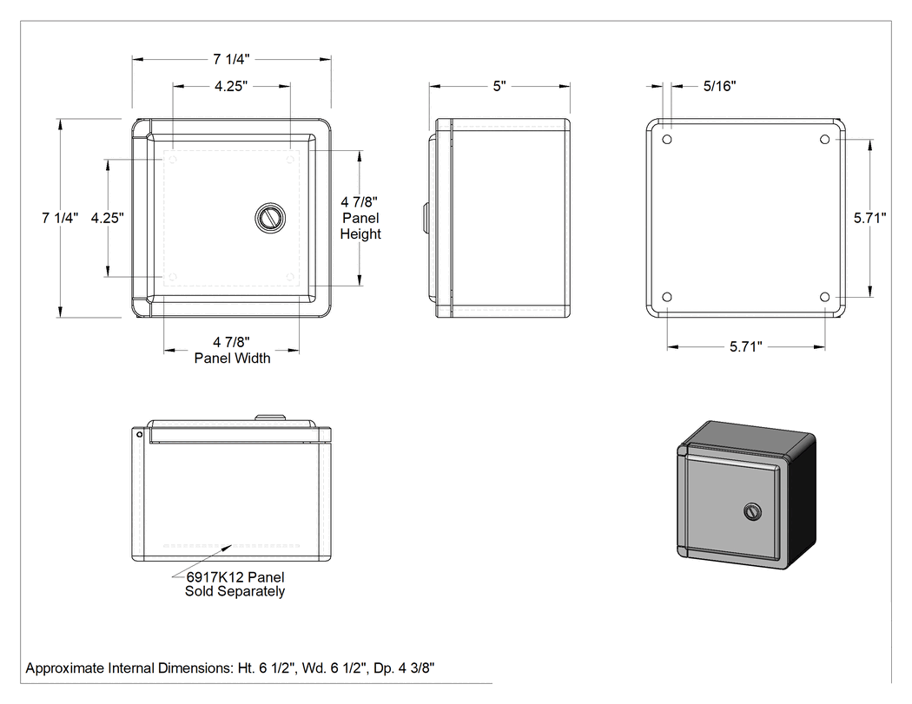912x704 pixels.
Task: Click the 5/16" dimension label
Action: tap(719, 86)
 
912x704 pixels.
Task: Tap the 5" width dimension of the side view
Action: tap(499, 86)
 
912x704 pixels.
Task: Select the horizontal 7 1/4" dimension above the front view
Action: tap(231, 59)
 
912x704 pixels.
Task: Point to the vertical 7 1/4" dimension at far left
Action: tap(60, 218)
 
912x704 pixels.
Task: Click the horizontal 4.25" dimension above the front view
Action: tap(231, 86)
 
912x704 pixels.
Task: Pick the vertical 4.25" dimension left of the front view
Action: tap(108, 218)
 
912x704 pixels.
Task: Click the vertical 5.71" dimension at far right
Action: tap(869, 218)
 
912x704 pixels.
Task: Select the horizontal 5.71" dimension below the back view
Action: tap(745, 347)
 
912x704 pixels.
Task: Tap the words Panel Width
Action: tap(232, 359)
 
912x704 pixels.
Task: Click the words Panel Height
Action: tap(360, 227)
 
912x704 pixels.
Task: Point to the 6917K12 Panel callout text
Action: tap(235, 577)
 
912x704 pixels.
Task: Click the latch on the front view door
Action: tap(270, 218)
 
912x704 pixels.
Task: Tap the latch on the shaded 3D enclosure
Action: tap(753, 511)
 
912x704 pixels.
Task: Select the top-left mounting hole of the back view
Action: tap(667, 140)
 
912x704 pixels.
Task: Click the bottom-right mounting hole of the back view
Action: tap(824, 297)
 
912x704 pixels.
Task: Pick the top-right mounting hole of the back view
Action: tap(824, 140)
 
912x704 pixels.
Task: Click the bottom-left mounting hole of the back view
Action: tap(667, 297)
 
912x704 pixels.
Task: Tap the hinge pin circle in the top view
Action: tap(140, 434)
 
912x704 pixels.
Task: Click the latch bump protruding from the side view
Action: tap(426, 218)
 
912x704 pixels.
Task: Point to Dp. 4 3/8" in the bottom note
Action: tap(404, 668)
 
